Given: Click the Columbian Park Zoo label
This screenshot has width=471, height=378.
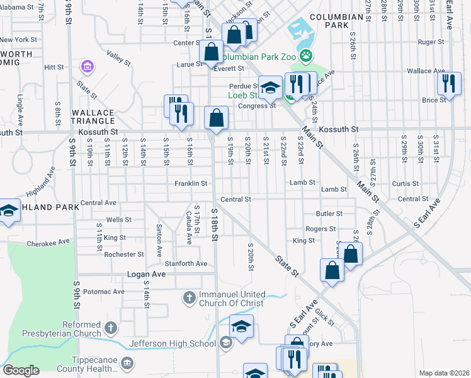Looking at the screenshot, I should [x=257, y=57].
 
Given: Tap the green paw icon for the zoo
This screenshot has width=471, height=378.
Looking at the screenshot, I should [x=306, y=56].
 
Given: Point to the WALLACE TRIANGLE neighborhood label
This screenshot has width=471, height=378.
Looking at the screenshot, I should [x=93, y=117].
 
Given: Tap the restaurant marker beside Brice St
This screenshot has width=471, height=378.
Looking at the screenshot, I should [x=448, y=83].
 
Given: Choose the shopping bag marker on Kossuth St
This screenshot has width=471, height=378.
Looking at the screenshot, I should [x=216, y=118].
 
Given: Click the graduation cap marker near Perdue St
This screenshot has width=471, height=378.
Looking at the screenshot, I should [x=270, y=88].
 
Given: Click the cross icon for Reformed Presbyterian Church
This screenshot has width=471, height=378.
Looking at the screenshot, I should [x=110, y=327].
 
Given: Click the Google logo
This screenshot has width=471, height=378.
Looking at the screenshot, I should [x=21, y=370].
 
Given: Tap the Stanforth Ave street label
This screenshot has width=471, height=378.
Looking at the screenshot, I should [x=186, y=263].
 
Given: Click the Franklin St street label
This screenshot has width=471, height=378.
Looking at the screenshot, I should [x=191, y=184].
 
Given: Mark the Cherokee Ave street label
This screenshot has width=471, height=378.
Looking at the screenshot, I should [x=48, y=243].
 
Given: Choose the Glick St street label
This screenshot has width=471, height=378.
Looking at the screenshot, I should [x=326, y=317].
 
